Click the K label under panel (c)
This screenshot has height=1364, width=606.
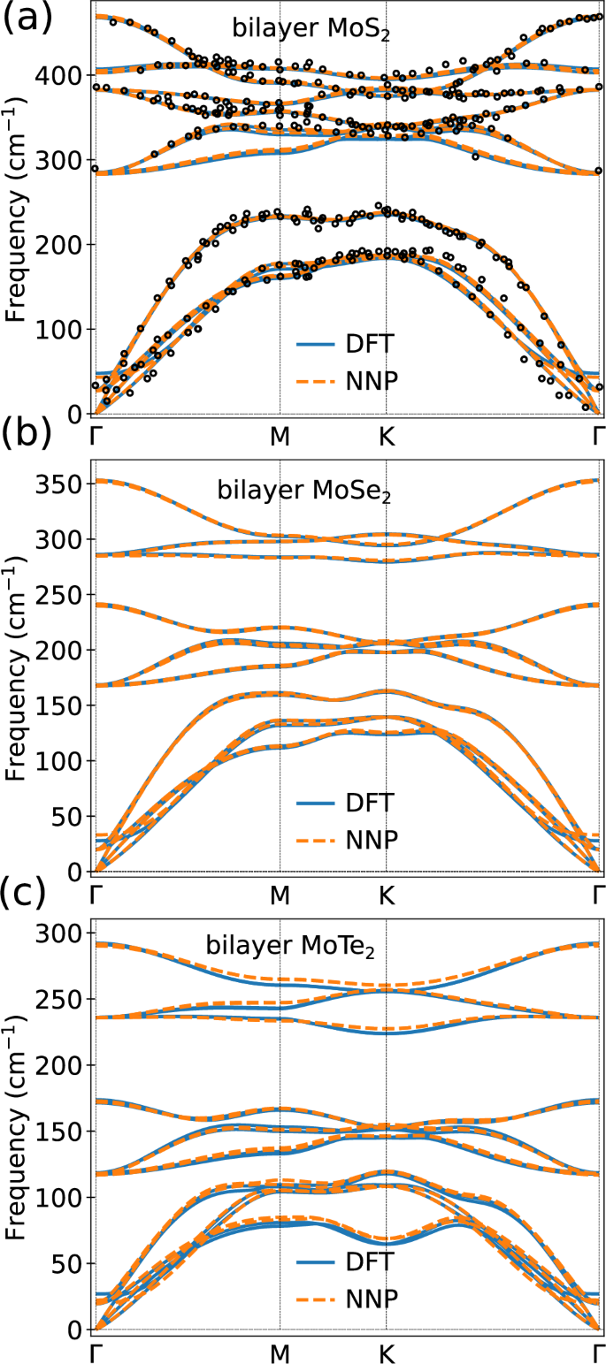tap(386, 1351)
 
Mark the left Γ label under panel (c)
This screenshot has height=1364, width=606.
tap(96, 1351)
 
